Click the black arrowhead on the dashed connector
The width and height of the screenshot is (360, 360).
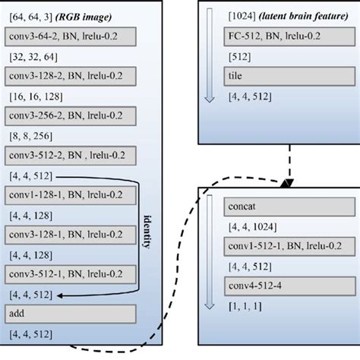(287, 185)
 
